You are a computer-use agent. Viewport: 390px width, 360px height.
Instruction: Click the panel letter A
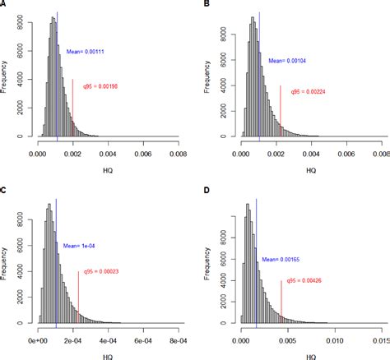coord(4,4)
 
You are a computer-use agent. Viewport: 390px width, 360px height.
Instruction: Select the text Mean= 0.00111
coord(86,52)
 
